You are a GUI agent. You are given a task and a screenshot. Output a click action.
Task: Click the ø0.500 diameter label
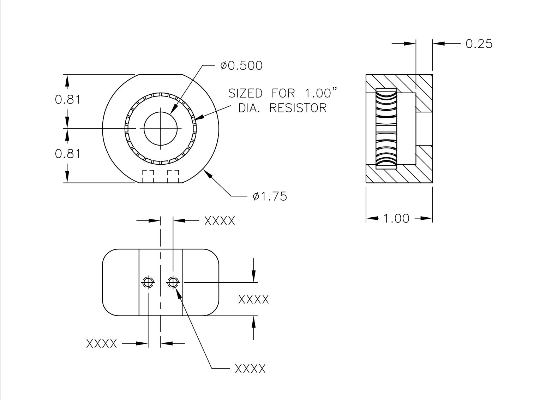[x=241, y=66]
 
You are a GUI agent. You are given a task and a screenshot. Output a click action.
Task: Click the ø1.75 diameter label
[x=270, y=196]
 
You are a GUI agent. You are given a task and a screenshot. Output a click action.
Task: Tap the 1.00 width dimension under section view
[x=396, y=218]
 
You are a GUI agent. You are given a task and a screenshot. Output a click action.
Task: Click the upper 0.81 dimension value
[x=68, y=100]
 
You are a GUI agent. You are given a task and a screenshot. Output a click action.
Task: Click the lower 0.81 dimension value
[x=68, y=154]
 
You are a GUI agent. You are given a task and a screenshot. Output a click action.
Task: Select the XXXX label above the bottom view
[x=220, y=221]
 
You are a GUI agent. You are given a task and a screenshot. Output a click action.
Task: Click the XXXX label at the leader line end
[x=250, y=369]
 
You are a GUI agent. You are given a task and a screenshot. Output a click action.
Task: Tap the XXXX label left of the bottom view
[x=102, y=343]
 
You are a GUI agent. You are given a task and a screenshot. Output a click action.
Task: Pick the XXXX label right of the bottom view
[x=253, y=299]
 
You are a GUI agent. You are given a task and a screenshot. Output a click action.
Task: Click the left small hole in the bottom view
[x=148, y=282]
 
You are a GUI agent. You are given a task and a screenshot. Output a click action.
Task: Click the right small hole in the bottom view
[x=173, y=282]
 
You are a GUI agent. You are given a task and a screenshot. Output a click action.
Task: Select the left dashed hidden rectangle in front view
[x=148, y=176]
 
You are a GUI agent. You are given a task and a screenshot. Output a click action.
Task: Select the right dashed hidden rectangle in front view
[x=173, y=176]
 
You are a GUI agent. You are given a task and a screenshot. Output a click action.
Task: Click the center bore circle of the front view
[x=161, y=129]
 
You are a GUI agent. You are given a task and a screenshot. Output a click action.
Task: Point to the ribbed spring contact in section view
[x=386, y=129]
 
